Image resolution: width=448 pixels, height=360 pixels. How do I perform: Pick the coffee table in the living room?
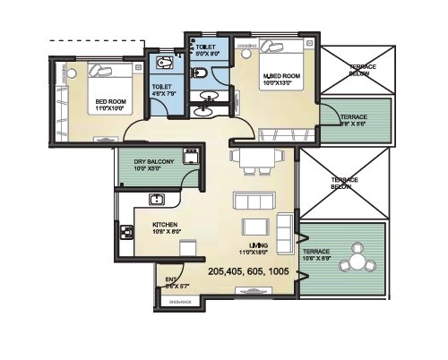(x=257, y=225)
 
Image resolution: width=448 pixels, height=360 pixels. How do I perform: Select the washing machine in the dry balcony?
(x=190, y=157)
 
